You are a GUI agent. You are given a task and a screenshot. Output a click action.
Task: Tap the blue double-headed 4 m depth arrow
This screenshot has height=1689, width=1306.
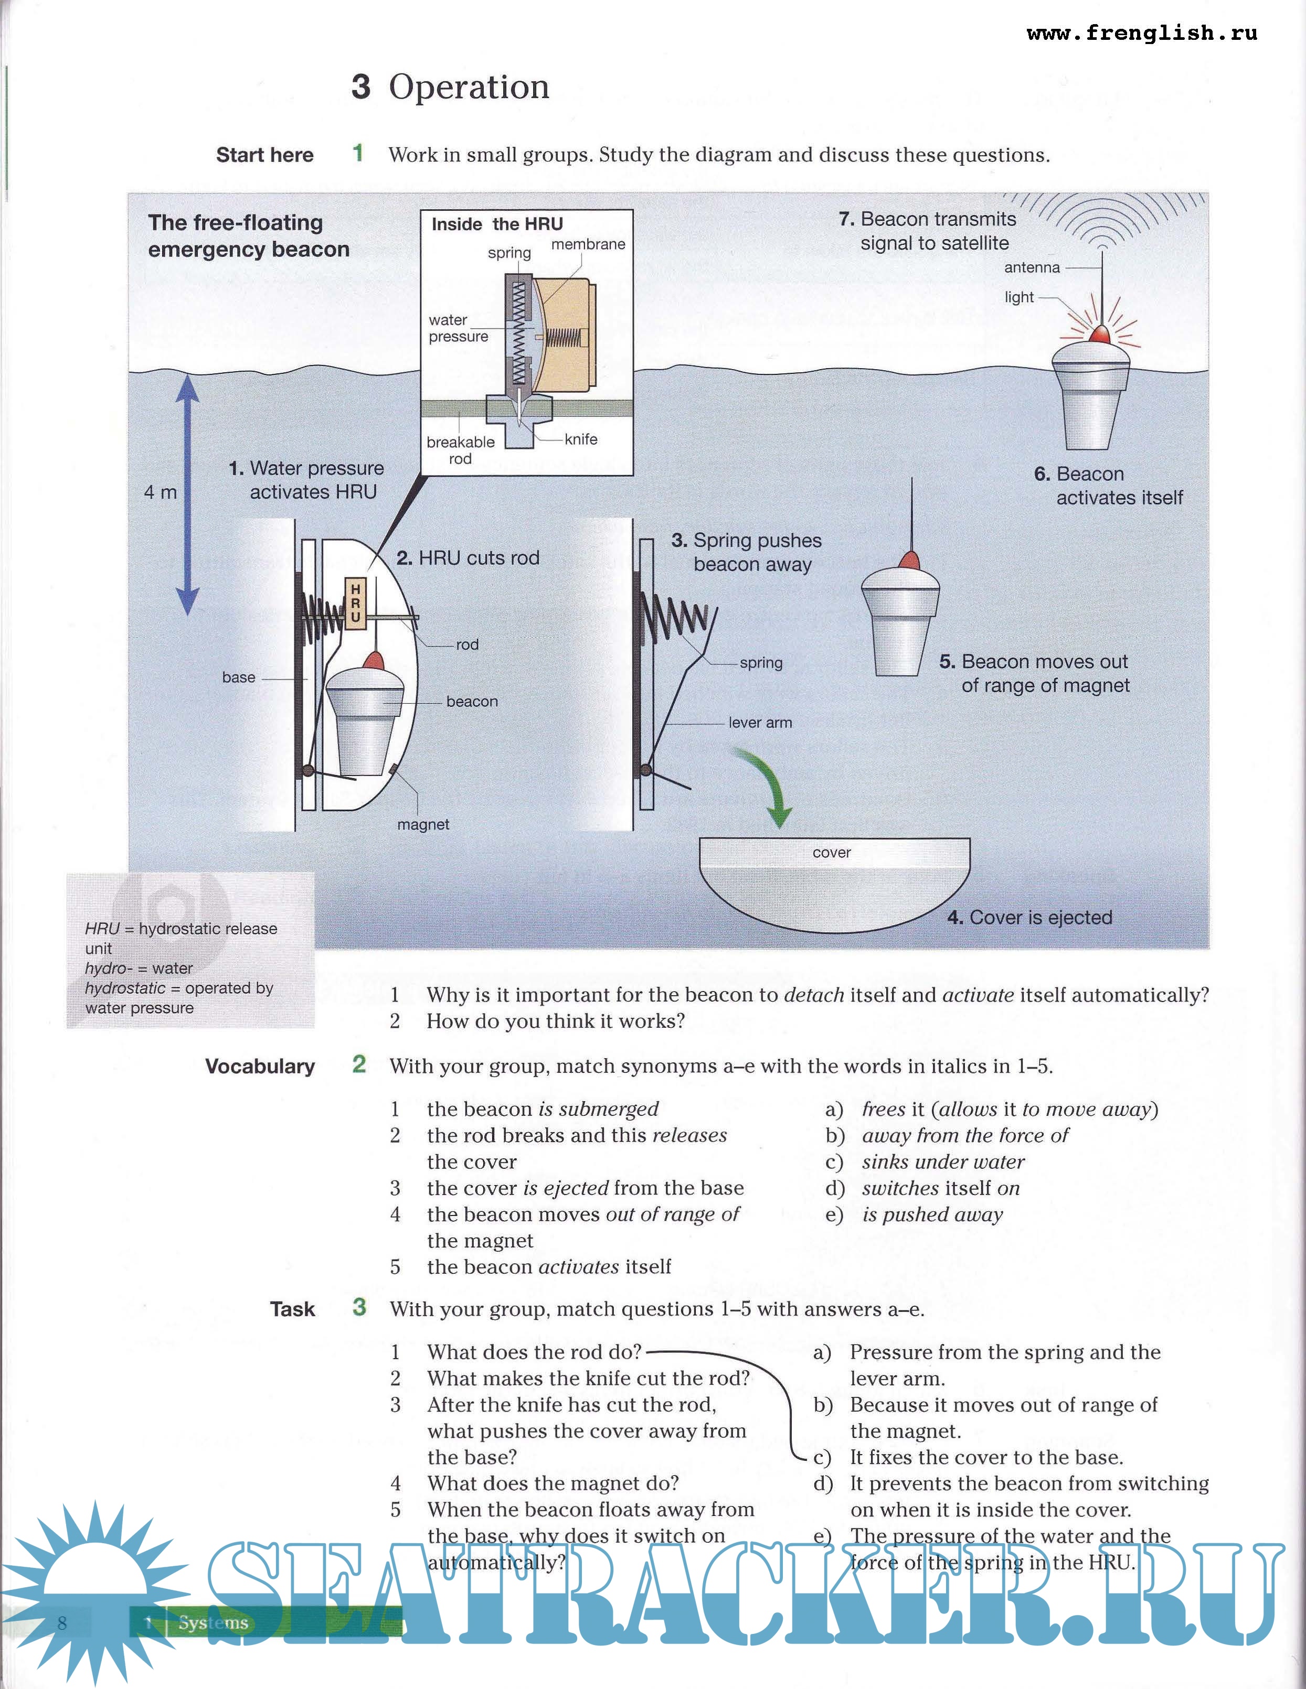[x=187, y=495]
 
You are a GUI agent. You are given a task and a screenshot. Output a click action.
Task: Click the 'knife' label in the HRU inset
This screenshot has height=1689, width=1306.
[x=581, y=439]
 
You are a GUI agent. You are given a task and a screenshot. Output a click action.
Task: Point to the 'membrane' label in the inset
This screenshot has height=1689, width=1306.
[x=588, y=244]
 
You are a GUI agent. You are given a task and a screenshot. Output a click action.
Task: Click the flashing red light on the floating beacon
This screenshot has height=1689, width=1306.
[x=1099, y=335]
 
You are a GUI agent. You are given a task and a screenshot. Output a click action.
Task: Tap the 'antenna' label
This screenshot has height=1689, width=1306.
[x=1032, y=267]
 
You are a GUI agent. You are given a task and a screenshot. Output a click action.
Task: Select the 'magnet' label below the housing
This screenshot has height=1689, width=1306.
[x=423, y=824]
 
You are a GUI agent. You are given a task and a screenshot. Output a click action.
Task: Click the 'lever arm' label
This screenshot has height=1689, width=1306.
[x=760, y=722]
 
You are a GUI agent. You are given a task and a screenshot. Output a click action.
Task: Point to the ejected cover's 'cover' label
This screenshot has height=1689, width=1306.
[x=832, y=852]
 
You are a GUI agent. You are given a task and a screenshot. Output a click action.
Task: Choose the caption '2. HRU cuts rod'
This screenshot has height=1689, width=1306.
[x=468, y=557]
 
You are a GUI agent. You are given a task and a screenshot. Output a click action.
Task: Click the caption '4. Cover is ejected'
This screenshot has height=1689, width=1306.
[x=1030, y=917]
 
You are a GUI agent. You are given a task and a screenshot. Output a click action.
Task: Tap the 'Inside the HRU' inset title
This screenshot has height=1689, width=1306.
[x=497, y=224]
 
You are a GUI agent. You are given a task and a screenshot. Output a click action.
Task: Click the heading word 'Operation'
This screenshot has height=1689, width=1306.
[x=469, y=87]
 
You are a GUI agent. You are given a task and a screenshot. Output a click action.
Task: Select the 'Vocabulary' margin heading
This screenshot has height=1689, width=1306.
[x=260, y=1067]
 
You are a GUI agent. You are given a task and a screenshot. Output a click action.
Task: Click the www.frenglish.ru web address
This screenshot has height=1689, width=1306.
[x=1141, y=33]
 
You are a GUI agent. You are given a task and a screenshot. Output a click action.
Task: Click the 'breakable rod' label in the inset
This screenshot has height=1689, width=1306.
[x=460, y=450]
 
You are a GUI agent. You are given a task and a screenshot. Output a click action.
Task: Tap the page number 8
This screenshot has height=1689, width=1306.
[x=62, y=1622]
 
